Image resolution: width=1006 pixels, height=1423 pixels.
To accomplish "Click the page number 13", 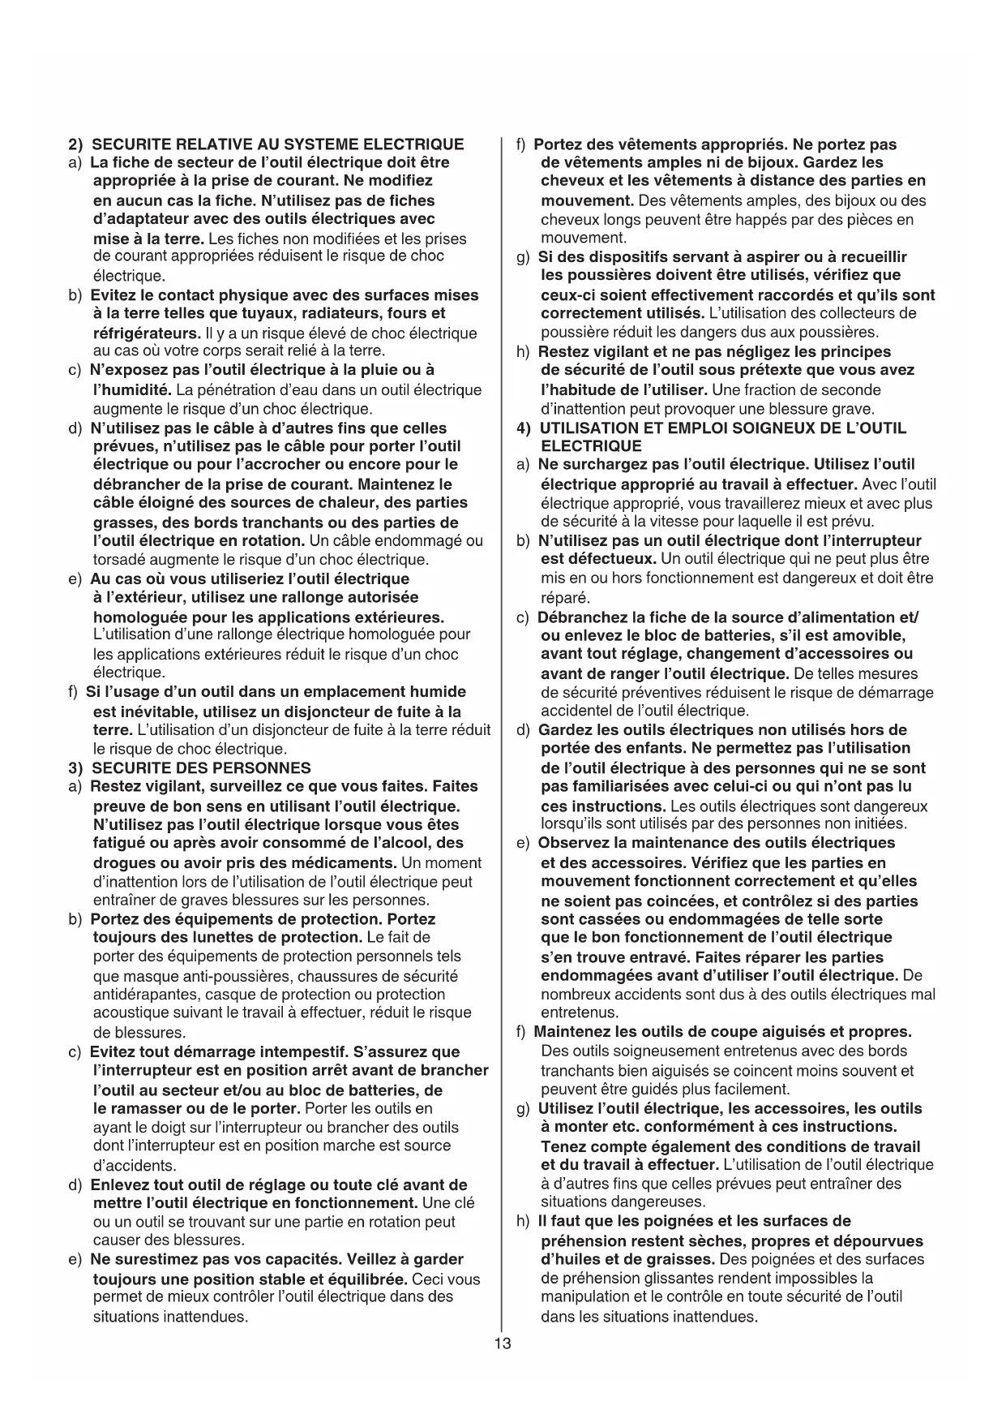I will pos(503,1343).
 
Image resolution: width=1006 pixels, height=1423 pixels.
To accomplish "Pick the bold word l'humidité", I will pos(131,390).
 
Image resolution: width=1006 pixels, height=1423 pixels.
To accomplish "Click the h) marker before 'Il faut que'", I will pos(524,1221).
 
